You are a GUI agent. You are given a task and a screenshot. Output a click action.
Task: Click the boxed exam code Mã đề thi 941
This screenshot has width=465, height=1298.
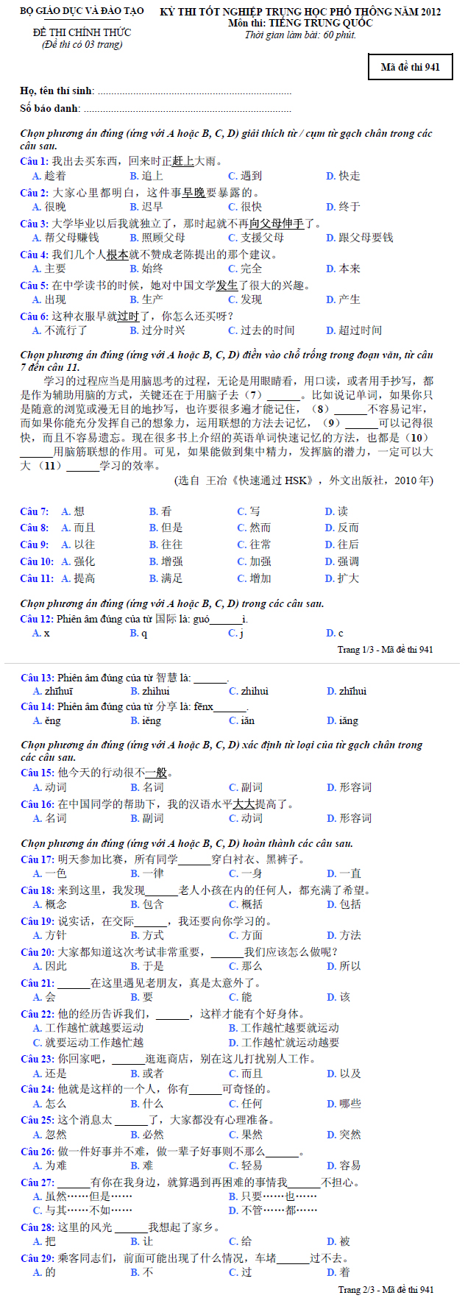(410, 67)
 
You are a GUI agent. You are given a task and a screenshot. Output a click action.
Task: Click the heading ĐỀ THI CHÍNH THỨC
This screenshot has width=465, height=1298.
(82, 32)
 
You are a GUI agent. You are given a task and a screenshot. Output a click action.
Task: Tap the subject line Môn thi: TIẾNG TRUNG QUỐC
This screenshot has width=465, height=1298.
(300, 23)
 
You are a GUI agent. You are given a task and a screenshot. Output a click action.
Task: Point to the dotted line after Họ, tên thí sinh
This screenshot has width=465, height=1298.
(194, 92)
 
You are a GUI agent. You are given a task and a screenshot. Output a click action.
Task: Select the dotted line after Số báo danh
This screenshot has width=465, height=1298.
(188, 110)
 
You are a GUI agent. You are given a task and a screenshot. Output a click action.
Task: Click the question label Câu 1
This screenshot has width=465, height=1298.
(34, 161)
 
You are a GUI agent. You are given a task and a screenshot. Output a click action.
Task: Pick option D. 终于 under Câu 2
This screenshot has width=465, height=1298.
(343, 207)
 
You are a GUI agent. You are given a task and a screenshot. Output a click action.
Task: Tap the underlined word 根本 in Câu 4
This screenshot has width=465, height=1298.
(118, 255)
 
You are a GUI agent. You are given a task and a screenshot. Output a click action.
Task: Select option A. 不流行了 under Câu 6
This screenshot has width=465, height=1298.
(60, 330)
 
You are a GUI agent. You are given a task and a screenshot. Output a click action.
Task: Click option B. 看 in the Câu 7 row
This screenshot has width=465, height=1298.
(160, 511)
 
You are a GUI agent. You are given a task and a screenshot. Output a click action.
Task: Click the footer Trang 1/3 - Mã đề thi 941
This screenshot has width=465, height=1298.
(385, 650)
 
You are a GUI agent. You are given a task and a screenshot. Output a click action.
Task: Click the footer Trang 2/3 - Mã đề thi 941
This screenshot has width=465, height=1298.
(386, 1289)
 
